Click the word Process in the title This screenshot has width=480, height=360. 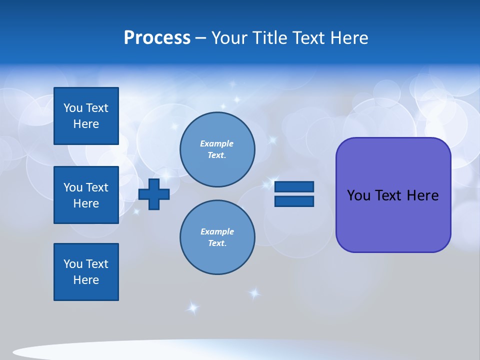pyautogui.click(x=157, y=38)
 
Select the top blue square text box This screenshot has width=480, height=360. pyautogui.click(x=86, y=116)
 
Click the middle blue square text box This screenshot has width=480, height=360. pyautogui.click(x=86, y=195)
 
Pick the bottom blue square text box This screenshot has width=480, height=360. pyautogui.click(x=86, y=272)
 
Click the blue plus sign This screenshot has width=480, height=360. pyautogui.click(x=154, y=194)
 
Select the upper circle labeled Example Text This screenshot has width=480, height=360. pyautogui.click(x=217, y=149)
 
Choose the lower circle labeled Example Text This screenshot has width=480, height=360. pyautogui.click(x=217, y=237)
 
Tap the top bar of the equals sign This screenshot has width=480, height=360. pyautogui.click(x=294, y=187)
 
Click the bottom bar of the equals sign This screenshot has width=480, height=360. pyautogui.click(x=294, y=201)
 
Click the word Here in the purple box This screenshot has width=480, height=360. pyautogui.click(x=422, y=195)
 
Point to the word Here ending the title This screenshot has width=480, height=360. pyautogui.click(x=348, y=38)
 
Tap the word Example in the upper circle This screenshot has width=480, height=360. pyautogui.click(x=216, y=143)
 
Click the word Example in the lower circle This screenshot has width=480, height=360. pyautogui.click(x=217, y=231)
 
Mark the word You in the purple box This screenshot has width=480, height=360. pyautogui.click(x=358, y=195)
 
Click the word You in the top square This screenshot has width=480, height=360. pyautogui.click(x=73, y=108)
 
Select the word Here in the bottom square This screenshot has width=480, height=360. pyautogui.click(x=86, y=280)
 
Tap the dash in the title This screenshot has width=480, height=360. pyautogui.click(x=201, y=38)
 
